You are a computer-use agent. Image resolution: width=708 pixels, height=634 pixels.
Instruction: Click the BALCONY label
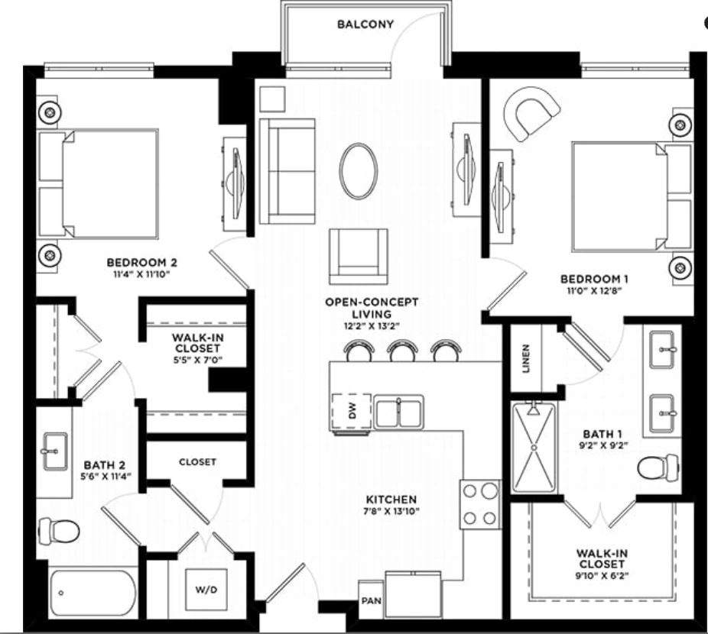[365, 24]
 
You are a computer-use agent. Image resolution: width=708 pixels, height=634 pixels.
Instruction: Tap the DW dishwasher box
[352, 412]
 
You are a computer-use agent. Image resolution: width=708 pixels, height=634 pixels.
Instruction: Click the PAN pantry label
[371, 601]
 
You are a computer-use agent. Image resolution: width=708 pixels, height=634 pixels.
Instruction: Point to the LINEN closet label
[525, 357]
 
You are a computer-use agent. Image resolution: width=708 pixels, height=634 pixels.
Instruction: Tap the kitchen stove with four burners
[479, 504]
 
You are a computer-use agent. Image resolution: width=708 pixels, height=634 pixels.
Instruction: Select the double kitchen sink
[398, 412]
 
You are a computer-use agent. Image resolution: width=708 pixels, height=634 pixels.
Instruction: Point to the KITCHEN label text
[390, 500]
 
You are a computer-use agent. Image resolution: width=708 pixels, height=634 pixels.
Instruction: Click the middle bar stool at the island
[401, 351]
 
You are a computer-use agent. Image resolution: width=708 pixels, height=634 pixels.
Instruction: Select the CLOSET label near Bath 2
[197, 462]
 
